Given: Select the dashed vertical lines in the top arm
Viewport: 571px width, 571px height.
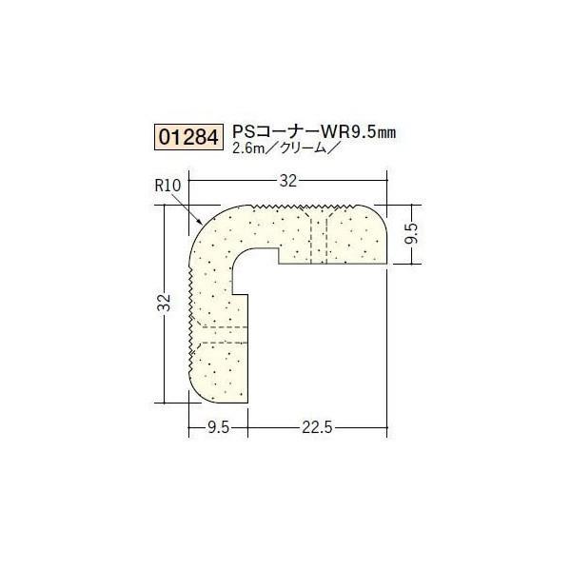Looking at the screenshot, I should [318, 233].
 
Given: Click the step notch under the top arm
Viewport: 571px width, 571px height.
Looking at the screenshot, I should [278, 255].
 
